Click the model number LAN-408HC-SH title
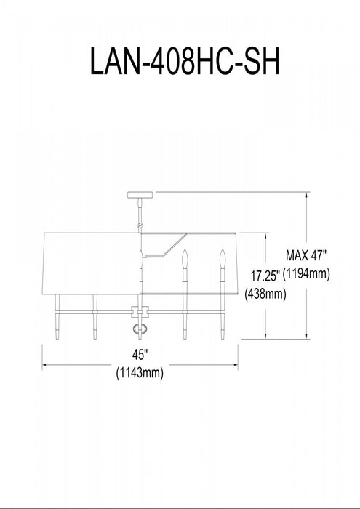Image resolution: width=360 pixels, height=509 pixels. coord(185,62)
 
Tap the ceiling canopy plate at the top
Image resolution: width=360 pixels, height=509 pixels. coord(140,195)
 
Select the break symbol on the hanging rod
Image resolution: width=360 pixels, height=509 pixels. coord(140,225)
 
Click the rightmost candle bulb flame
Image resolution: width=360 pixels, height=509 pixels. coord(223,259)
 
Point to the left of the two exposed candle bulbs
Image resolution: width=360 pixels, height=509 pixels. coord(185,259)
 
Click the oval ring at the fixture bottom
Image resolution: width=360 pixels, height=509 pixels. coord(140,329)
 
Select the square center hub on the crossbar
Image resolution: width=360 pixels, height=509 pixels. coord(140,312)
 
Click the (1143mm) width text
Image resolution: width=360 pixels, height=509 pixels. coord(140,373)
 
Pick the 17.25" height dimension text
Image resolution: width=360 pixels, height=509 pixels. coord(265,276)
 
